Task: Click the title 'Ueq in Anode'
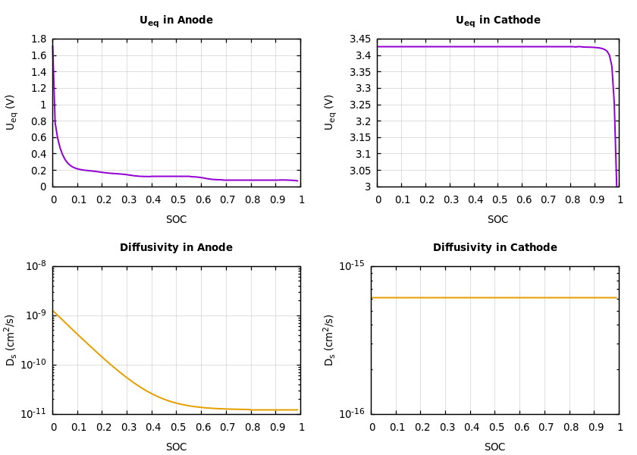point(176,20)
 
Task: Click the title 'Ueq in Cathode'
point(497,20)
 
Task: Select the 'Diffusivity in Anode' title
point(176,248)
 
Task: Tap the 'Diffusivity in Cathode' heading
point(494,248)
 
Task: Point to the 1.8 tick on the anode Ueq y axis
point(39,39)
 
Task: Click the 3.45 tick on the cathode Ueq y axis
point(360,39)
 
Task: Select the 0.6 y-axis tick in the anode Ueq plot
point(39,138)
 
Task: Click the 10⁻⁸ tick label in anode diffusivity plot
point(36,265)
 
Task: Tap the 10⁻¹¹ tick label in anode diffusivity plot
point(36,413)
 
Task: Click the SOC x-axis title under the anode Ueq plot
point(176,220)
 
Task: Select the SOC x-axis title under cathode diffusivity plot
point(494,447)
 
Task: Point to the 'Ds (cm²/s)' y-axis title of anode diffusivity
point(11,340)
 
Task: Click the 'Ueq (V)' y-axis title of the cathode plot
point(329,112)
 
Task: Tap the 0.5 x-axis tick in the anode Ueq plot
point(177,200)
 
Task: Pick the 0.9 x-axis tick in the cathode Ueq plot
point(596,200)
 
